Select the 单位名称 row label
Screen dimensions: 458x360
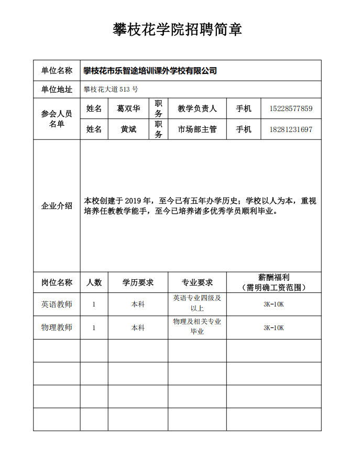[x=57, y=71]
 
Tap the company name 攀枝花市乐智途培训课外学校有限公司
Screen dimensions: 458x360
[x=150, y=71]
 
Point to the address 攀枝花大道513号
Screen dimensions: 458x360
[x=111, y=89]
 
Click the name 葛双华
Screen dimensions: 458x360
[x=128, y=109]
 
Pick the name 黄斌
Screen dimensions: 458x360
[x=128, y=129]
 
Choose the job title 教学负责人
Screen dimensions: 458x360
[x=197, y=109]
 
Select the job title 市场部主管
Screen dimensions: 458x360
[x=197, y=129]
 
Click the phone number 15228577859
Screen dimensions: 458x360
[x=291, y=109]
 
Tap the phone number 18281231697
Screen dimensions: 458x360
[x=291, y=129]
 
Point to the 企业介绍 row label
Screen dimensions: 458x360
[x=57, y=206]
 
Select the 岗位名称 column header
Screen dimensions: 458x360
[x=57, y=282]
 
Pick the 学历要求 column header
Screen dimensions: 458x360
[x=138, y=282]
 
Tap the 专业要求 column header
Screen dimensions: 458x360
[x=197, y=282]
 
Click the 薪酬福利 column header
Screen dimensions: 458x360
[x=274, y=277]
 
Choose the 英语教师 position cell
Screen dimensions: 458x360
[x=57, y=304]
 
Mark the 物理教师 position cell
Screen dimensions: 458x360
[x=57, y=328]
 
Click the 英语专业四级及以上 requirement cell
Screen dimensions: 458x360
[x=197, y=303]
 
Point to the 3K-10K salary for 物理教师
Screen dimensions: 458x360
[x=274, y=328]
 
